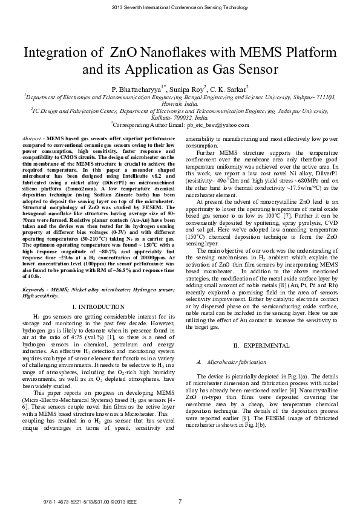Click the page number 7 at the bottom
point(180,501)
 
